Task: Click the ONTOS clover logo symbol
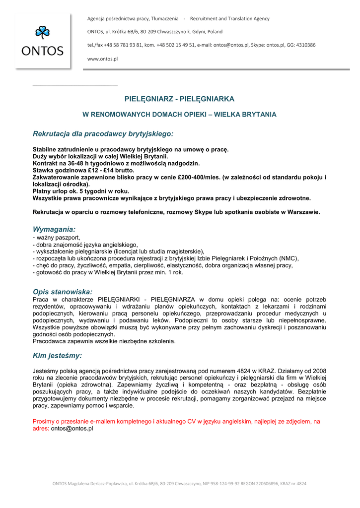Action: (42, 33)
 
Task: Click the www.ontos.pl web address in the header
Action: (102, 59)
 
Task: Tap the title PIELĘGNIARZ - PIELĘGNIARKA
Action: (179, 99)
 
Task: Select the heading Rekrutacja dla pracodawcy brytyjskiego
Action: (103, 133)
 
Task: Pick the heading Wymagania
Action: (54, 229)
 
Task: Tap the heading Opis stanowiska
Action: (63, 292)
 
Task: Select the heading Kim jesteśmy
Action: (57, 355)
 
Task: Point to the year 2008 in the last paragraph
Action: (319, 371)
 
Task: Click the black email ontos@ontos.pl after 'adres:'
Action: (72, 428)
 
